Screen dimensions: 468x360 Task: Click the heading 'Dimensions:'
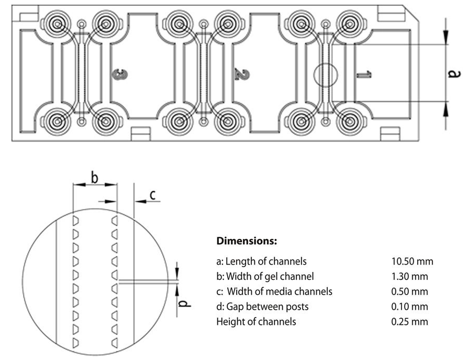[247, 241]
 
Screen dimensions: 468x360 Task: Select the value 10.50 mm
[412, 261]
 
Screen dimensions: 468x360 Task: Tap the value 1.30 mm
[409, 276]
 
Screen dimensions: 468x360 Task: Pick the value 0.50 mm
[409, 291]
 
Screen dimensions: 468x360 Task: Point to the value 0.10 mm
[409, 307]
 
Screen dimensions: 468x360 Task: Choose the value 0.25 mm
[409, 322]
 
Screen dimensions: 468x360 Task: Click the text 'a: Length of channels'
[261, 261]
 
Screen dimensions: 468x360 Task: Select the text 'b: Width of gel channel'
[265, 276]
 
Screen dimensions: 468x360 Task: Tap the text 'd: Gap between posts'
[262, 307]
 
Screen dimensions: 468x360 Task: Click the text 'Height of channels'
[256, 322]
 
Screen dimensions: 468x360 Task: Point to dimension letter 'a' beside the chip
[454, 73]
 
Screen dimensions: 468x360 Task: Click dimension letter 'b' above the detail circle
[94, 178]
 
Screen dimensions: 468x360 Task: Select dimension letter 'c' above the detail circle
[152, 195]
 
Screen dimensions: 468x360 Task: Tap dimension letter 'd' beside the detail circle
[184, 303]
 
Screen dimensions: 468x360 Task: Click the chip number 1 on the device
[364, 74]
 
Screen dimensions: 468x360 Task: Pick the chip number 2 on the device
[242, 74]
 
